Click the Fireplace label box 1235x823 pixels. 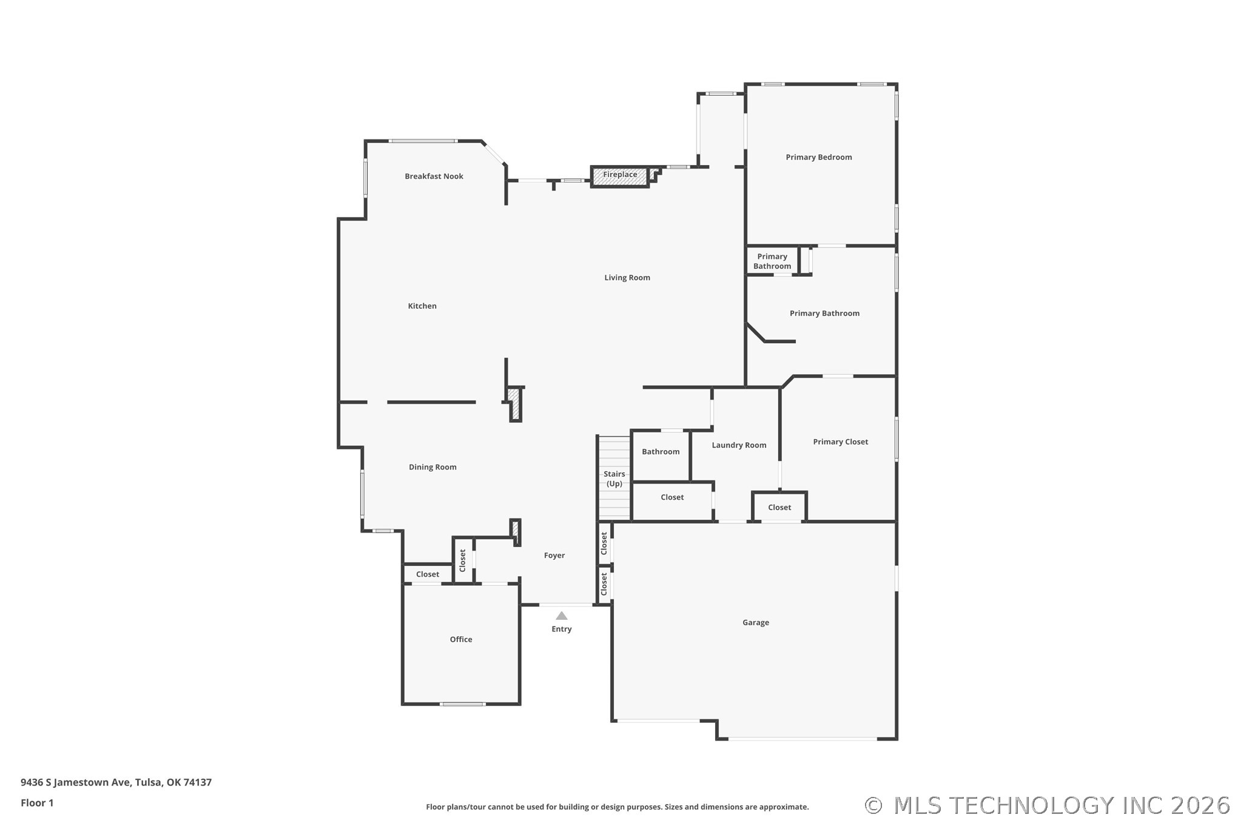[620, 175]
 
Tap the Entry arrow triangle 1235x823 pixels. [562, 616]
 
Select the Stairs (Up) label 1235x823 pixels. [614, 479]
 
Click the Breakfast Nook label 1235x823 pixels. [434, 176]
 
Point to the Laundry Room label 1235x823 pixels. [739, 445]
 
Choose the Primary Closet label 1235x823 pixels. [840, 442]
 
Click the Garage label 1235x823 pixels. [755, 623]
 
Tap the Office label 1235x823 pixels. [461, 640]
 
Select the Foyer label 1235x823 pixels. [554, 556]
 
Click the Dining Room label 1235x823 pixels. [432, 467]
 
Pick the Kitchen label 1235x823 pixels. [422, 306]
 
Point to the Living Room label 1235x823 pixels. [627, 278]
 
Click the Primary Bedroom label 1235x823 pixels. [818, 157]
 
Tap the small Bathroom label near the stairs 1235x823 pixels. [661, 452]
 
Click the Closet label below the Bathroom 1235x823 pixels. [672, 497]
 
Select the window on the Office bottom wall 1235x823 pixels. [462, 704]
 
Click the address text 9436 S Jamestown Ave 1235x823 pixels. [116, 782]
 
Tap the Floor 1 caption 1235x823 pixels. [37, 803]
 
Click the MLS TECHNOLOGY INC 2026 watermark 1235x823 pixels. [1048, 805]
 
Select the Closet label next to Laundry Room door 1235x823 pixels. [779, 508]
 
